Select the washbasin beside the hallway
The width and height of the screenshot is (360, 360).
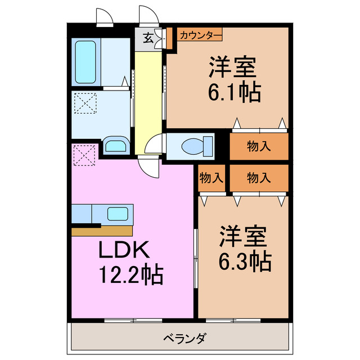[x=116, y=146]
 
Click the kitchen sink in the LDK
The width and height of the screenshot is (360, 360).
[x=118, y=214]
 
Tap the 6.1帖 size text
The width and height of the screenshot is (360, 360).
[x=235, y=91]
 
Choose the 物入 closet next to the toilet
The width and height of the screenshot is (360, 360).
[x=259, y=146]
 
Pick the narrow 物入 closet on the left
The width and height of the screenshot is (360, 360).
[x=211, y=178]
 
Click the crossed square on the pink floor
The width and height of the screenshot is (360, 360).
[x=85, y=156]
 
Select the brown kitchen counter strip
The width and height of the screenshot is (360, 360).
[x=102, y=231]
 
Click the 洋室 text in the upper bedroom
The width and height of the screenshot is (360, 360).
[x=234, y=67]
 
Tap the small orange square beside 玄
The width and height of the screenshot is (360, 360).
[x=168, y=39]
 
